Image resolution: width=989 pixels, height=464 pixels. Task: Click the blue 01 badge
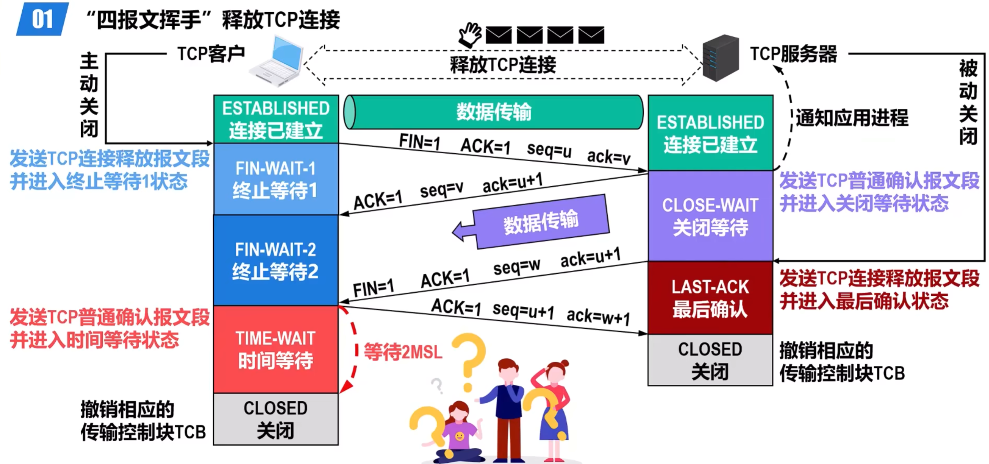click(42, 19)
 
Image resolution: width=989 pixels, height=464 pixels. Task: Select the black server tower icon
click(720, 58)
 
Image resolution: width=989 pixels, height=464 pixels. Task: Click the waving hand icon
click(470, 35)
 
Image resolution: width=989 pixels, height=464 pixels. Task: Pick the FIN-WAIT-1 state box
click(276, 179)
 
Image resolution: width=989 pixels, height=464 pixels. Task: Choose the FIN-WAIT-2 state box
click(276, 260)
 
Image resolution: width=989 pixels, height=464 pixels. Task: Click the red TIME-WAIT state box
click(276, 349)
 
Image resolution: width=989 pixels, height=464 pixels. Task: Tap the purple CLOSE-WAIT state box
click(710, 216)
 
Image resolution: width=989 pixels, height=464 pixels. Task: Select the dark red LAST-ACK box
click(710, 298)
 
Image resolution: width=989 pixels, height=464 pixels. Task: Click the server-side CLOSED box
click(710, 360)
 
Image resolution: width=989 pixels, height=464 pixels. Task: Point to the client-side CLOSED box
click(276, 419)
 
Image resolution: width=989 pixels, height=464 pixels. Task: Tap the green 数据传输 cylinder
click(494, 112)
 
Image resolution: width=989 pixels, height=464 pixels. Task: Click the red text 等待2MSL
click(403, 351)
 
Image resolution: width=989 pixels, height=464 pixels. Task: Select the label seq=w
click(516, 267)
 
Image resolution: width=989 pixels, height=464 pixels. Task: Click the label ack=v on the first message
click(608, 157)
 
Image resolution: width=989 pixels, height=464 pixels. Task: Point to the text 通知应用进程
click(852, 118)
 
